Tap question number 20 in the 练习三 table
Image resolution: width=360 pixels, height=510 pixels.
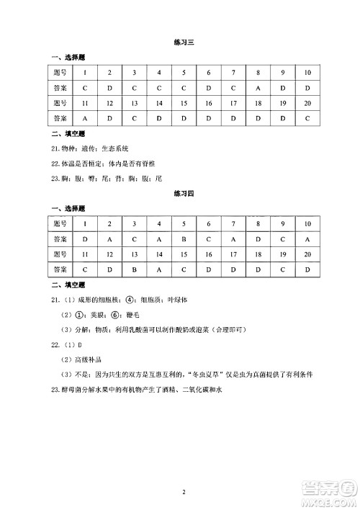307,102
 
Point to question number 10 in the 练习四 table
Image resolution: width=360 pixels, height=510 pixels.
307,224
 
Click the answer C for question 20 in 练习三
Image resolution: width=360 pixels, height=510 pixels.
307,117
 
